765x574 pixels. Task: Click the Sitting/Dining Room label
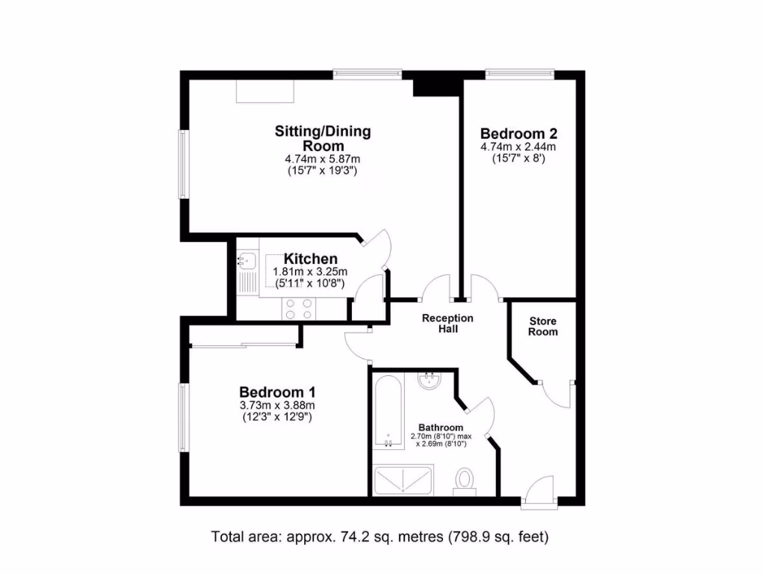[322, 138]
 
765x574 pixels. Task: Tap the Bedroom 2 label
[518, 134]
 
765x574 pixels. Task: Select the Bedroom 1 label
[277, 392]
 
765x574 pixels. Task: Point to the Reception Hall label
[447, 324]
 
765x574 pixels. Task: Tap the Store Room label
[543, 327]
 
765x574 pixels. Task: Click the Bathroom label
[435, 428]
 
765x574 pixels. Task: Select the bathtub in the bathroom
[388, 412]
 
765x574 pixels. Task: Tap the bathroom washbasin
[430, 380]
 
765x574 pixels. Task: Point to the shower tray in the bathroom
[402, 481]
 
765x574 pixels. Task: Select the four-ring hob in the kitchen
[298, 309]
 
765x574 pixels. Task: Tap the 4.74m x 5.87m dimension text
[322, 159]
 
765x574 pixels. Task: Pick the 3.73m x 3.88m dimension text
[277, 406]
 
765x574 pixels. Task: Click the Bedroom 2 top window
[519, 74]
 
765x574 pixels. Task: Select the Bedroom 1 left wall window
[182, 417]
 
